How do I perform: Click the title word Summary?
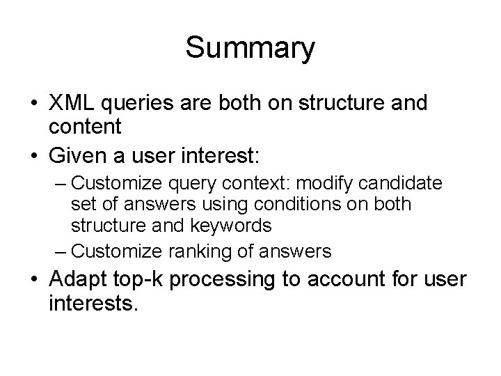pos(250,48)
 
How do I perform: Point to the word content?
pos(86,127)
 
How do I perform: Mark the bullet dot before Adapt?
pos(34,281)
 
